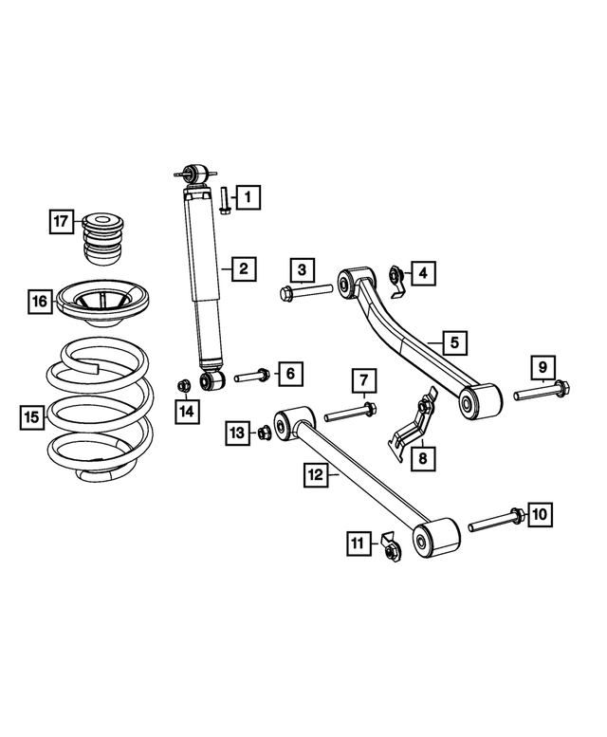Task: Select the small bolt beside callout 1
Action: click(x=222, y=201)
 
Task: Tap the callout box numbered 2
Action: click(x=244, y=269)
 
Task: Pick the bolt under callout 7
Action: click(x=350, y=413)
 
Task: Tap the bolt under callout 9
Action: click(x=542, y=391)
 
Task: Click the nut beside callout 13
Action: click(x=265, y=433)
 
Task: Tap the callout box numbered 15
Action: click(x=31, y=415)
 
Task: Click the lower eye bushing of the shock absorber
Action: click(x=212, y=380)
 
